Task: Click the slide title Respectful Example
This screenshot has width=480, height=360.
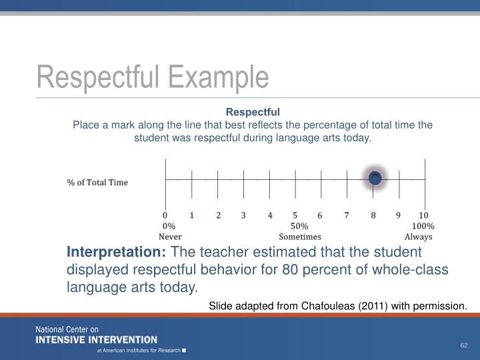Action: click(x=153, y=78)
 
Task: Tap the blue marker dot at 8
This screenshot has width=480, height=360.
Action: click(x=375, y=179)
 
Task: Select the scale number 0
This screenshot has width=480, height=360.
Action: click(x=165, y=215)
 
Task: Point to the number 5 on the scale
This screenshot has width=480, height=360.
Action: click(x=295, y=215)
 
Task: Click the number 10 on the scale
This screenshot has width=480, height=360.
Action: click(x=423, y=215)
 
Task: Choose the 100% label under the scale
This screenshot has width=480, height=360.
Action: click(x=422, y=226)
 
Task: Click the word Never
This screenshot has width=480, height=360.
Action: click(x=170, y=237)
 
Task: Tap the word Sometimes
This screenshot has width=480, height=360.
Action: click(x=300, y=237)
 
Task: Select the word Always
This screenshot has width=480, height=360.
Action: click(x=418, y=237)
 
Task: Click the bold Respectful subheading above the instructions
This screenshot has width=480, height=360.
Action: click(x=253, y=111)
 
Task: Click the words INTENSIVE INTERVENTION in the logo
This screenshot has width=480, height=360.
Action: click(x=97, y=339)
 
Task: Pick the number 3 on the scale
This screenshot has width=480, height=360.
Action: click(x=243, y=215)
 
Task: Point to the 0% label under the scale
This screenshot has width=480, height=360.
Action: click(x=169, y=226)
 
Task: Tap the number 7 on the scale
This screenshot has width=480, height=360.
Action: click(x=347, y=215)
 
